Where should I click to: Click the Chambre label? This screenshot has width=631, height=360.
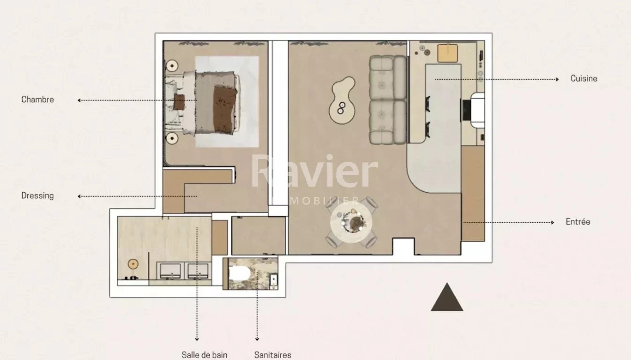point(37,100)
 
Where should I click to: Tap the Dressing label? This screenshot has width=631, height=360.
point(37,196)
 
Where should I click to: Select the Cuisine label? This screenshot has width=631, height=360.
point(584,79)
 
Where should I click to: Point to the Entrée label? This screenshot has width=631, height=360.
point(578,222)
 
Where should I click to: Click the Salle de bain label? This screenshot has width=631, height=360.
point(204,355)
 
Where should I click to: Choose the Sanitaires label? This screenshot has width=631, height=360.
point(272,355)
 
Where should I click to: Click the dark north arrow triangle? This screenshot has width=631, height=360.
point(447,297)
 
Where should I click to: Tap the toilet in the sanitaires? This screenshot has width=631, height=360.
point(240,273)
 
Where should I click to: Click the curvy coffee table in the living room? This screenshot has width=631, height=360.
point(342,100)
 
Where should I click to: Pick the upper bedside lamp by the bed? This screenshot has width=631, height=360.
point(172,66)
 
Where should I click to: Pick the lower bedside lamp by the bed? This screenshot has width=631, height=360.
point(172,138)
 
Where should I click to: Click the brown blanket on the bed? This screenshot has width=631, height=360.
point(225,108)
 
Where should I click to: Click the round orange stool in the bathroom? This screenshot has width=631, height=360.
point(133,264)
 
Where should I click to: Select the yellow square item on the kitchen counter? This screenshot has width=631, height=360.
point(448,53)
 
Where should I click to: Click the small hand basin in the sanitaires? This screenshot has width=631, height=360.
point(274,281)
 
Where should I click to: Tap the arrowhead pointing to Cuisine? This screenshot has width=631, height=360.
point(557,79)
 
